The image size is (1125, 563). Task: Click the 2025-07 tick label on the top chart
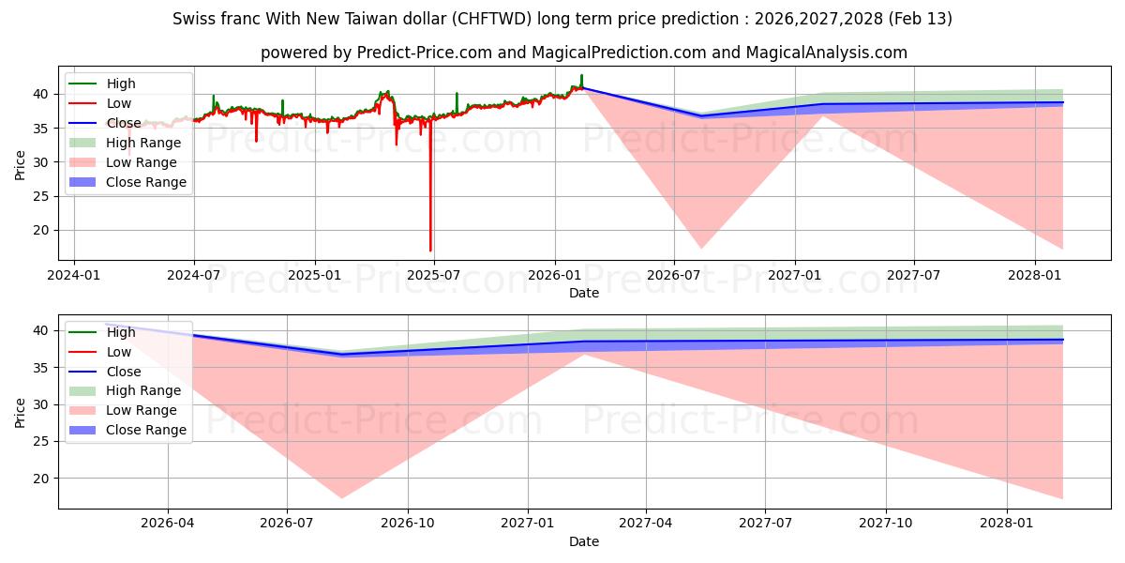[x=434, y=275]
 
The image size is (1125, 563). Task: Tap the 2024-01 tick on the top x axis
[x=74, y=275]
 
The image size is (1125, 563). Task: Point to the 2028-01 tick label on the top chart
[x=1035, y=275]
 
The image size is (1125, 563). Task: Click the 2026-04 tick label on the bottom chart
[x=168, y=524]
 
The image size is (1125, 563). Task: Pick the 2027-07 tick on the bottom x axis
[x=766, y=524]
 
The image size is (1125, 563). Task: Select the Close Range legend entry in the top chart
[x=145, y=182]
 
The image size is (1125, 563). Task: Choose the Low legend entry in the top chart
[x=119, y=103]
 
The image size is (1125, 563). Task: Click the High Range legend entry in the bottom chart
[x=143, y=390]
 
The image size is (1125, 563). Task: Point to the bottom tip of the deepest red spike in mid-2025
[x=430, y=251]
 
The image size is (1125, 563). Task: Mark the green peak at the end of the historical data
[x=581, y=75]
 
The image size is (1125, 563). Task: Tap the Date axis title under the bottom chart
[x=583, y=541]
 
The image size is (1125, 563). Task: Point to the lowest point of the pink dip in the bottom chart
[x=342, y=498]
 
